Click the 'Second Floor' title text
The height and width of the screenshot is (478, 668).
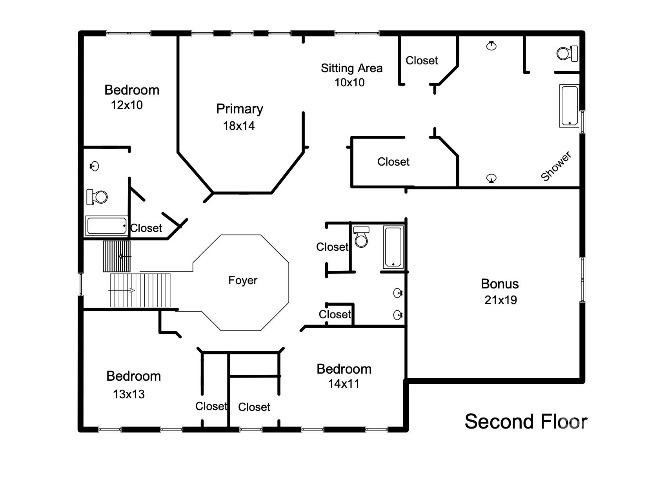pyautogui.click(x=526, y=421)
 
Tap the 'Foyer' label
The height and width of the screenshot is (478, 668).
pyautogui.click(x=243, y=280)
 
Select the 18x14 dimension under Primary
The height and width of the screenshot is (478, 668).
pyautogui.click(x=238, y=126)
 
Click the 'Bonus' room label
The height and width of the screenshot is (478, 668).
pyautogui.click(x=500, y=284)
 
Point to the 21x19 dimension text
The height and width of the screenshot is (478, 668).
pyautogui.click(x=501, y=300)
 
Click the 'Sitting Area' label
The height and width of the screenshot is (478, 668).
pyautogui.click(x=351, y=68)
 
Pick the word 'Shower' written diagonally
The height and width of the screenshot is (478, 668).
pyautogui.click(x=556, y=166)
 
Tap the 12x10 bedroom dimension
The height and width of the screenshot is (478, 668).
pyautogui.click(x=127, y=105)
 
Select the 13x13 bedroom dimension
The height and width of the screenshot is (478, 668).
pyautogui.click(x=129, y=394)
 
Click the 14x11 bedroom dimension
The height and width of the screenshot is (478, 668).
pyautogui.click(x=344, y=384)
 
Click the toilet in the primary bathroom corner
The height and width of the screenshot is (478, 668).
pyautogui.click(x=567, y=53)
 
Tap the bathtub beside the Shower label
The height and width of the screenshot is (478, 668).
pyautogui.click(x=569, y=106)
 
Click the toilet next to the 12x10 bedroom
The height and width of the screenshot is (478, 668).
pyautogui.click(x=97, y=197)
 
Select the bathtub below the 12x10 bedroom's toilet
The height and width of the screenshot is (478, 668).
pyautogui.click(x=107, y=226)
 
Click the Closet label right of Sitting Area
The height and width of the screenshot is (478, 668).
pyautogui.click(x=422, y=60)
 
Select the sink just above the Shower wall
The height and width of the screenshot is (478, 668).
pyautogui.click(x=491, y=179)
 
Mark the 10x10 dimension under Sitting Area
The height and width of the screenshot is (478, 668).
pyautogui.click(x=349, y=83)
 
